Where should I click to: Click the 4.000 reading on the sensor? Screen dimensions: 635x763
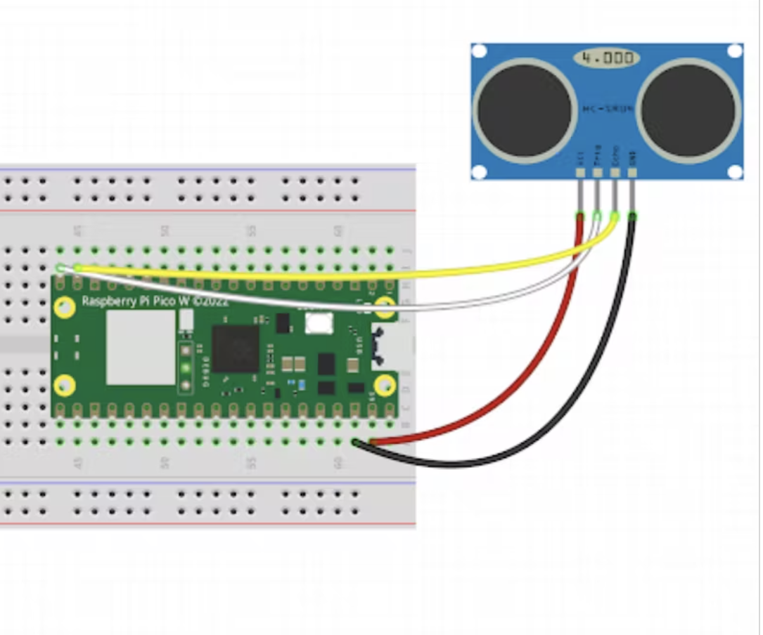click(x=607, y=58)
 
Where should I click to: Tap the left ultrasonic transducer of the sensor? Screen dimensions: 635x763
click(x=525, y=111)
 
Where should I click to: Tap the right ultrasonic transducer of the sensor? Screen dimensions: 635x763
click(x=689, y=111)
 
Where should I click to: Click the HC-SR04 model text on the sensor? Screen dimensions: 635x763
click(x=608, y=109)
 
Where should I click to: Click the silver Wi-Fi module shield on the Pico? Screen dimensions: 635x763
click(x=141, y=347)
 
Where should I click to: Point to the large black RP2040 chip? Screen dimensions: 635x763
click(x=235, y=348)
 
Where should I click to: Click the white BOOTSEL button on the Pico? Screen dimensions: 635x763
click(x=319, y=324)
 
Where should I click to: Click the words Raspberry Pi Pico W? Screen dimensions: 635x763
click(x=155, y=301)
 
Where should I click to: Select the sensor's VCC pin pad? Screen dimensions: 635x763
click(x=580, y=171)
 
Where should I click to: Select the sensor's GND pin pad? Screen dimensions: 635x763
click(x=632, y=171)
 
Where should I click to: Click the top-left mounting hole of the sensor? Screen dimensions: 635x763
click(x=479, y=51)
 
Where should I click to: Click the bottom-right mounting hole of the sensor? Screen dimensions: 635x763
click(x=734, y=171)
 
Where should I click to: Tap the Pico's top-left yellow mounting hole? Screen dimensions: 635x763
click(x=65, y=307)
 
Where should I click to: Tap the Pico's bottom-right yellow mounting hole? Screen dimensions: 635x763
click(x=384, y=385)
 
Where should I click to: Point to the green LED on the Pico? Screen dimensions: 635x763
click(x=186, y=367)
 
